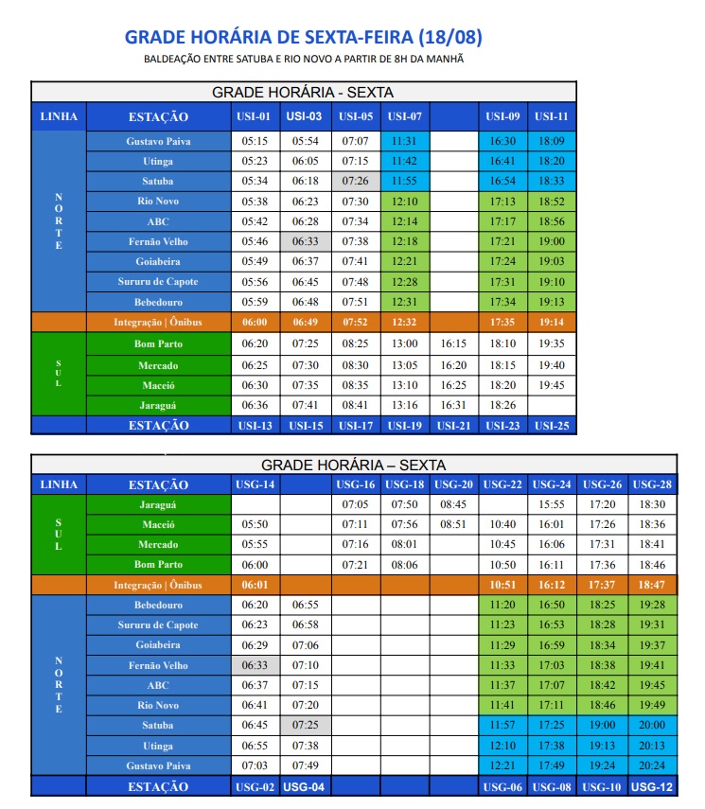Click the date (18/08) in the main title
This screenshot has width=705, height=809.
[450, 37]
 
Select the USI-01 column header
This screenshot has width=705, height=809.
[255, 116]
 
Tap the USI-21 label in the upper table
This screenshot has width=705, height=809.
[453, 426]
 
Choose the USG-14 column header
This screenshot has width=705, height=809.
[255, 484]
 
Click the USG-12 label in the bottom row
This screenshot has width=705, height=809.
[652, 786]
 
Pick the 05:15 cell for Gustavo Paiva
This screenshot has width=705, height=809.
[255, 141]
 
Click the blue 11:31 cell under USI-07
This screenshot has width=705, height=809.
[405, 141]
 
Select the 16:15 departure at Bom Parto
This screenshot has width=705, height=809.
[454, 343]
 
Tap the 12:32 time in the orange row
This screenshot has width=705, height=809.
[405, 323]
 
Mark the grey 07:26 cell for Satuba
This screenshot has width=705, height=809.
[355, 181]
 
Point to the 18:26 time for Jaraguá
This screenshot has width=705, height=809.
[502, 405]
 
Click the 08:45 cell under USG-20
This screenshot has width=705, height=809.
[454, 504]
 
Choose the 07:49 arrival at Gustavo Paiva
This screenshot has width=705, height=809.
[305, 765]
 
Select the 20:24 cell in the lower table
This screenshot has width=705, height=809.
[652, 765]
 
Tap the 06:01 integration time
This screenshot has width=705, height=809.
[255, 585]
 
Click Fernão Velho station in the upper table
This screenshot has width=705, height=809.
[157, 241]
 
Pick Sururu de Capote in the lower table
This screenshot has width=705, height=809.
[157, 624]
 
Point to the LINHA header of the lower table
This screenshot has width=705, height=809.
[58, 484]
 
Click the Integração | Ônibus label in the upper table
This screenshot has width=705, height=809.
[157, 323]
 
